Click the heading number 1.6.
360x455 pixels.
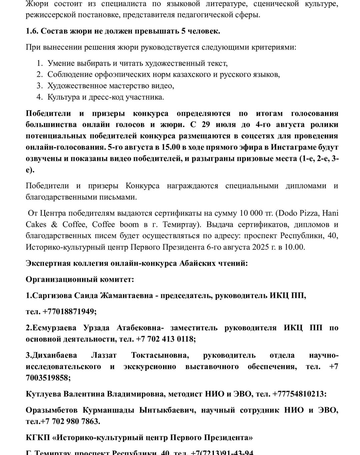click(32, 31)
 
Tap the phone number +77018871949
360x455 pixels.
click(69, 312)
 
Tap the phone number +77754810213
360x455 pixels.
click(299, 394)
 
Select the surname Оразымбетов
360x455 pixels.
click(51, 410)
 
